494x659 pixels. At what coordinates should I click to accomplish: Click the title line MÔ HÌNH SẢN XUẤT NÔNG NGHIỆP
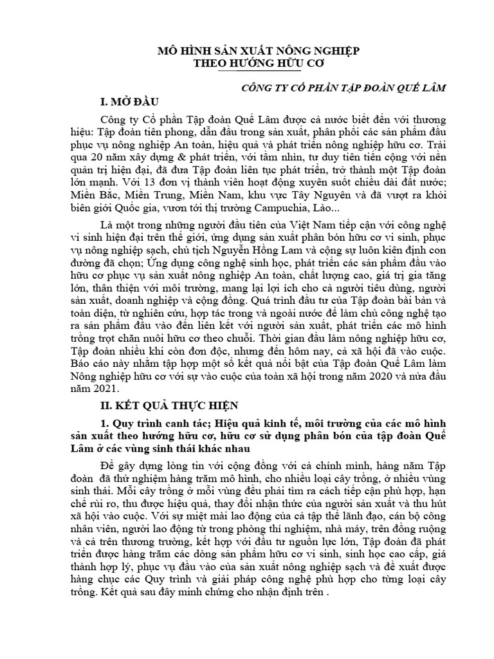[x=259, y=50]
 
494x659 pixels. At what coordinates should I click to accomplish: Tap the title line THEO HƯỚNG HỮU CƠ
[x=259, y=64]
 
